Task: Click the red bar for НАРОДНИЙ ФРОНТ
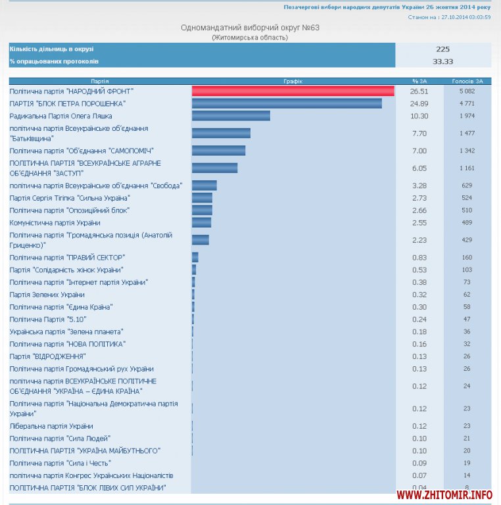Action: [x=293, y=91]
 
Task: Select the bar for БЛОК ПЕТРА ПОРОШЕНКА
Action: [x=287, y=104]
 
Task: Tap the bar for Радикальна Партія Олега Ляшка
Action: [x=231, y=116]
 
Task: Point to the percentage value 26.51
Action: [x=419, y=91]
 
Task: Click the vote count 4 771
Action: [x=467, y=104]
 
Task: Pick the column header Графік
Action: [x=293, y=81]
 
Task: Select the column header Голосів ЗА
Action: [x=467, y=81]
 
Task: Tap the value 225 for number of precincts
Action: [x=442, y=49]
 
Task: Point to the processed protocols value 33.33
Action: [x=442, y=61]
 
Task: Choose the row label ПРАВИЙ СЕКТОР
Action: [x=67, y=257]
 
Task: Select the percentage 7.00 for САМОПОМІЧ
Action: [x=419, y=151]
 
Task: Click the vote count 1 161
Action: [x=467, y=168]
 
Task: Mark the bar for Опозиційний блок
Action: [x=202, y=210]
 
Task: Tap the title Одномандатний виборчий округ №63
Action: [x=250, y=28]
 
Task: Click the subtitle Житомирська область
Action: [x=250, y=37]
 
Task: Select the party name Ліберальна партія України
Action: [x=51, y=426]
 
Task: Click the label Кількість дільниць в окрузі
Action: [x=52, y=49]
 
